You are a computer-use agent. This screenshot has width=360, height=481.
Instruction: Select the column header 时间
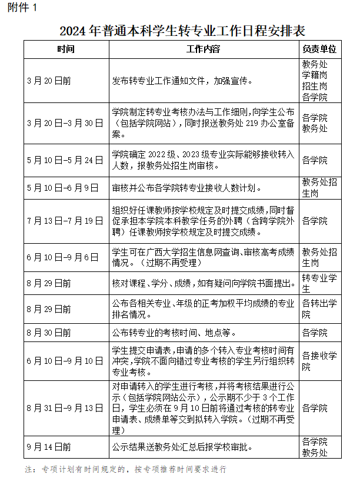pyautogui.click(x=66, y=49)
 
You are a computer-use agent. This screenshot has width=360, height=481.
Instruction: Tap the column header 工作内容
pyautogui.click(x=204, y=49)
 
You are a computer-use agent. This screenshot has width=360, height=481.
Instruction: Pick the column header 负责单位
pyautogui.click(x=319, y=49)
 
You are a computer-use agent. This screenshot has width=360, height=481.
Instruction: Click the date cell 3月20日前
pyautogui.click(x=49, y=80)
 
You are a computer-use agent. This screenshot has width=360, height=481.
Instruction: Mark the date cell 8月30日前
pyautogui.click(x=49, y=333)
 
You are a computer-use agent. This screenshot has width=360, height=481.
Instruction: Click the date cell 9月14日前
pyautogui.click(x=49, y=447)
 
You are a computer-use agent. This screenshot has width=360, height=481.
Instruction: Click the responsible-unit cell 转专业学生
pyautogui.click(x=319, y=283)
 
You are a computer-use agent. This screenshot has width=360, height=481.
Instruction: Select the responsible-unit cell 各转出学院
pyautogui.click(x=319, y=308)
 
